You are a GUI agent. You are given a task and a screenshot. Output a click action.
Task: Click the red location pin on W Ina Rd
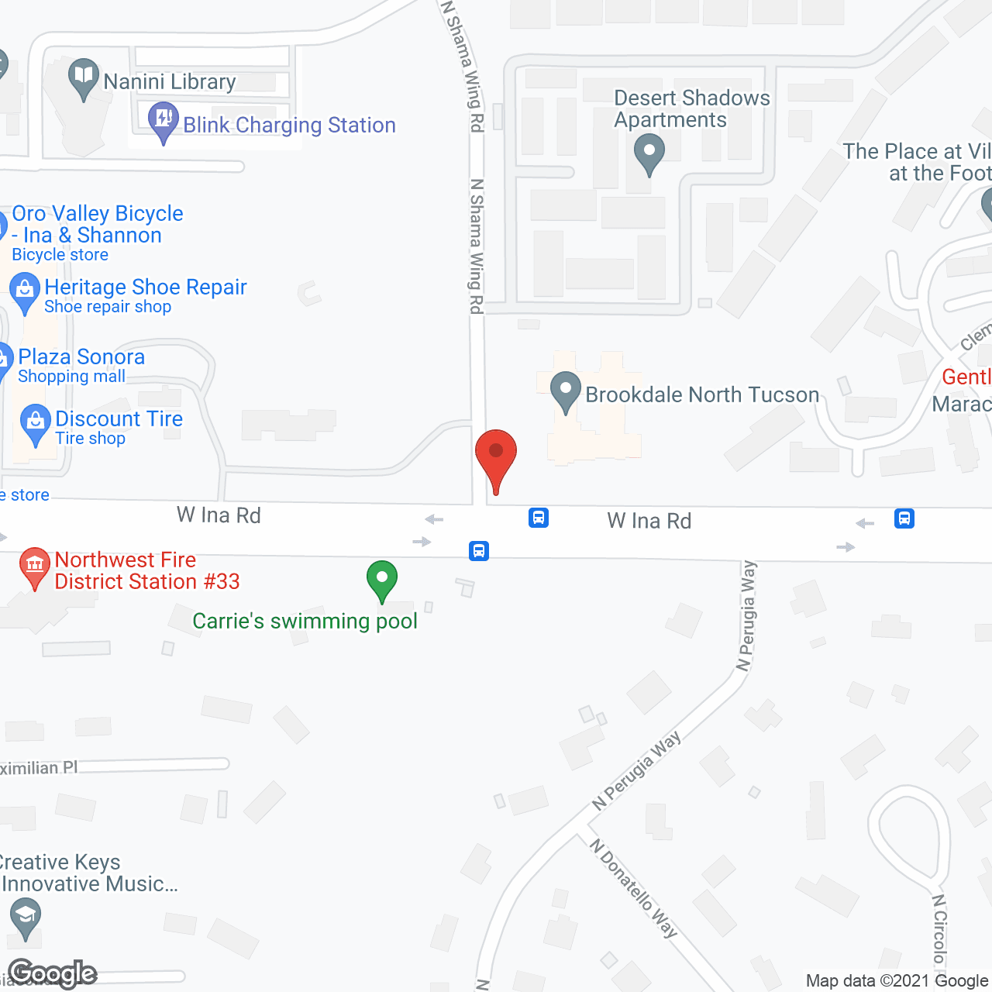[x=496, y=457]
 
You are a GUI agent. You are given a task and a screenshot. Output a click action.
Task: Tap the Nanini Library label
[x=170, y=81]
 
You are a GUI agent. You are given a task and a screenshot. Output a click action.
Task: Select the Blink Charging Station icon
[x=163, y=120]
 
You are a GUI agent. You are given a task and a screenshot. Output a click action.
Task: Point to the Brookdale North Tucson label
[x=702, y=394]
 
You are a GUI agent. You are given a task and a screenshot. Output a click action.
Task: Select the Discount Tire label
[x=119, y=418]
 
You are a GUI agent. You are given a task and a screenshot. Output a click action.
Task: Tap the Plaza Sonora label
[x=81, y=356]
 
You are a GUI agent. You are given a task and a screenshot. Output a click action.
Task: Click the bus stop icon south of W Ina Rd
[x=479, y=551]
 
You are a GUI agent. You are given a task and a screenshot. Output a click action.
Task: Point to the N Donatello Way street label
[x=634, y=888]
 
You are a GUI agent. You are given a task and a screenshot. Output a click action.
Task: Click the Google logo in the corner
[x=53, y=973]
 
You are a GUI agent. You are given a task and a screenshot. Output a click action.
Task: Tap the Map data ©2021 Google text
[x=897, y=981]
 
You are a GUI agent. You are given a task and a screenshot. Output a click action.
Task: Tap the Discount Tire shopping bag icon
[x=35, y=422]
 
